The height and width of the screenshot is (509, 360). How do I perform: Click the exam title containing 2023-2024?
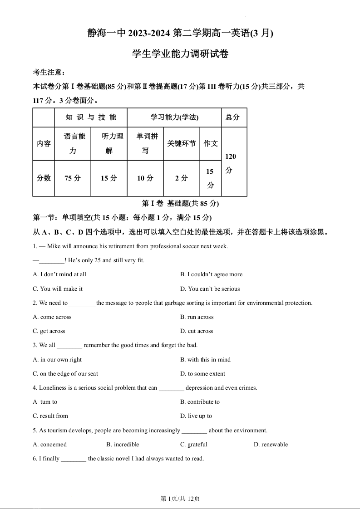tap(180, 33)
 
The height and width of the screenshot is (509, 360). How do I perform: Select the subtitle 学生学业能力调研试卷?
tap(180, 54)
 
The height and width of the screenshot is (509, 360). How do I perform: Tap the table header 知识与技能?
tap(91, 117)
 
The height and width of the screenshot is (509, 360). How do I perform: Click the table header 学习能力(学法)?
tap(174, 117)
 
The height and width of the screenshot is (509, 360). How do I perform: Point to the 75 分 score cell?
tap(73, 178)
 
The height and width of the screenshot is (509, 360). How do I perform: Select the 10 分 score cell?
tap(145, 178)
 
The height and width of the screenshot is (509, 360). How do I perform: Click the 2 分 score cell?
tap(182, 178)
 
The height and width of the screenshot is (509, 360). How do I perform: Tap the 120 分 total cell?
tap(231, 163)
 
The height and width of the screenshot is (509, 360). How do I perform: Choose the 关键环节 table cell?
tap(182, 143)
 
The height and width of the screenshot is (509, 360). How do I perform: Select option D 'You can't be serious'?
tap(213, 289)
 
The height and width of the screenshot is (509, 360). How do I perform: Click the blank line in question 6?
tap(74, 459)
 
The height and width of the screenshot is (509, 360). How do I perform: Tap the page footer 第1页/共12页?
tap(180, 499)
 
